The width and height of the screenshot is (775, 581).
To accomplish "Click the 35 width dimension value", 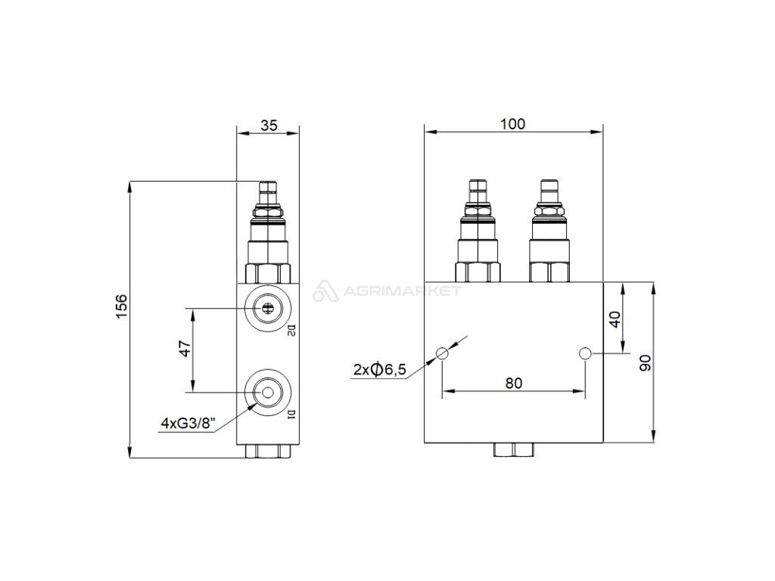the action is click(x=269, y=126).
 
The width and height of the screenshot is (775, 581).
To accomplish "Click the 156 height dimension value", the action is click(x=121, y=306).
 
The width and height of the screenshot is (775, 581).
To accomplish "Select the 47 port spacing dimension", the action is click(x=185, y=349).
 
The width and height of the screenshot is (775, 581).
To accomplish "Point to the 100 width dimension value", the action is click(x=512, y=123).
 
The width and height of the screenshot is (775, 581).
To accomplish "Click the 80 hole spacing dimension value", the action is click(x=514, y=383).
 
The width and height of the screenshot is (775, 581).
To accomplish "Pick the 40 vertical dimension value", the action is click(x=615, y=319).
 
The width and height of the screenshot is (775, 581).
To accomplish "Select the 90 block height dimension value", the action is click(x=646, y=362).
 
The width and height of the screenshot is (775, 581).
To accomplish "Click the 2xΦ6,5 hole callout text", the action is click(x=380, y=369).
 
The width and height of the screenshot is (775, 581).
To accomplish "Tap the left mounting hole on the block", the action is click(x=442, y=353).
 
